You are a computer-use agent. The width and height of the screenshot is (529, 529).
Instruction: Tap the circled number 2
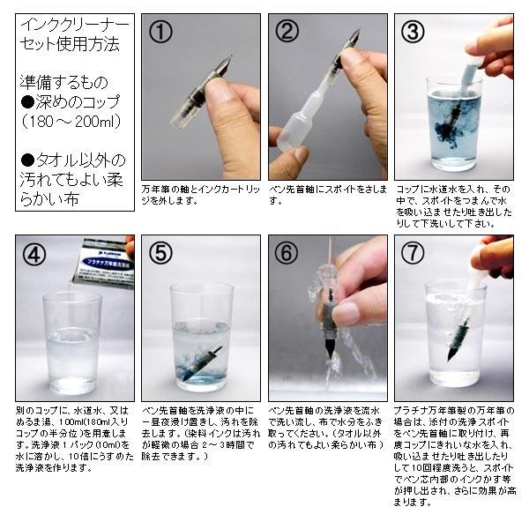(287, 33)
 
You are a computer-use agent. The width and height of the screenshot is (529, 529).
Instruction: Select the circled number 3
(414, 33)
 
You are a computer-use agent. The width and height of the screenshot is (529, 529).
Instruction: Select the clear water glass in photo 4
(72, 344)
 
